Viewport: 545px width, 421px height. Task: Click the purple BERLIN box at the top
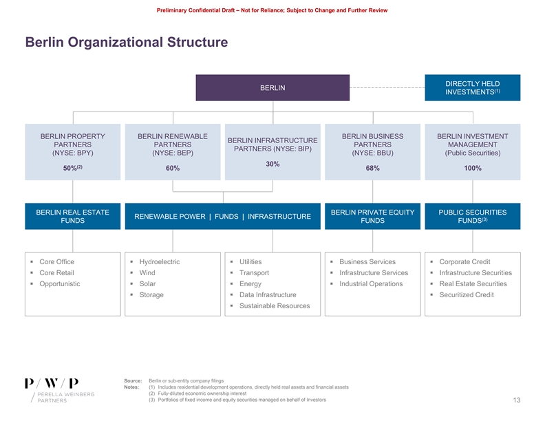click(x=272, y=88)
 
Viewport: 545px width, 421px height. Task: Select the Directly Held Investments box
click(x=472, y=87)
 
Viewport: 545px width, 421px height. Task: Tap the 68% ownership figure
click(x=372, y=169)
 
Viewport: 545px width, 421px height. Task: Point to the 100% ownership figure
click(x=472, y=169)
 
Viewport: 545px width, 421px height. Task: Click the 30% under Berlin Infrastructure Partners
click(x=272, y=164)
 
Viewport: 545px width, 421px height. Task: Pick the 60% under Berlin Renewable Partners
click(x=173, y=169)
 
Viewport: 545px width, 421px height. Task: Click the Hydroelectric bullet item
click(x=159, y=262)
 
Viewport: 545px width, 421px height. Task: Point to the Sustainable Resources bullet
click(x=274, y=305)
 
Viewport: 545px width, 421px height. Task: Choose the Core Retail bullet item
click(x=58, y=273)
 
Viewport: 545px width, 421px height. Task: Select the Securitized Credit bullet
click(x=466, y=295)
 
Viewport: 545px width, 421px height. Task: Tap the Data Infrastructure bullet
click(x=268, y=295)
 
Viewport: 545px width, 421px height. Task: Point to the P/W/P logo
click(x=52, y=382)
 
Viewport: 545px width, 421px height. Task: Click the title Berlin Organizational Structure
click(x=126, y=43)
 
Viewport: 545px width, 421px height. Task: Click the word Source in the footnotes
click(x=133, y=380)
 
